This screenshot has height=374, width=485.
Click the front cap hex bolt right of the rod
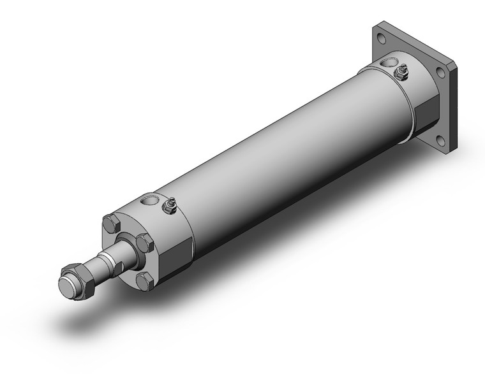pyautogui.click(x=145, y=242)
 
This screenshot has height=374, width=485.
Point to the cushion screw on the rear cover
pyautogui.click(x=401, y=71)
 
